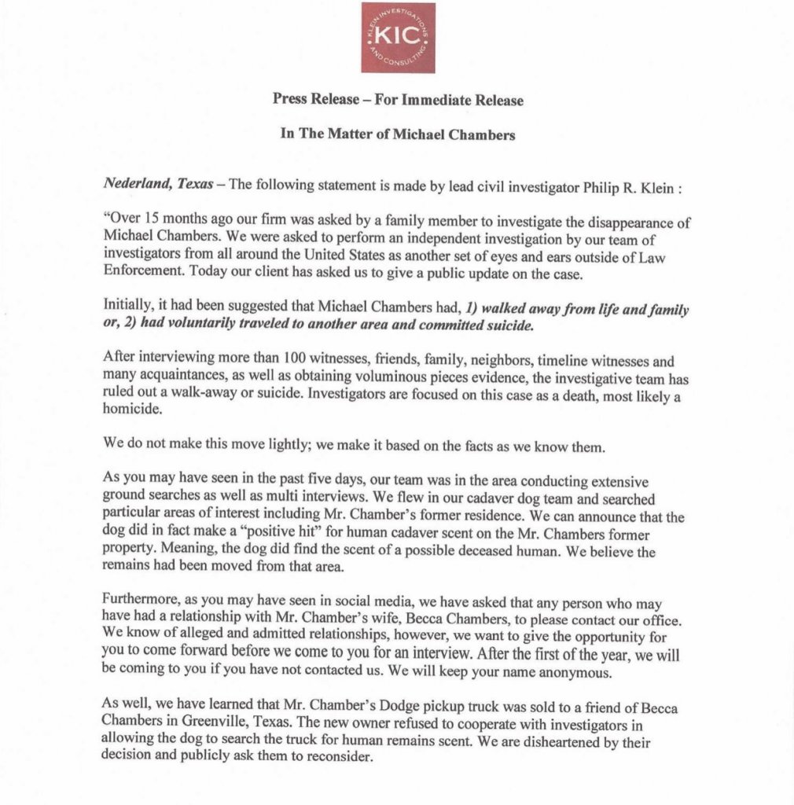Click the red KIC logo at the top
pos(397,38)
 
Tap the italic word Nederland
pos(134,184)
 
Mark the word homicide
pos(130,410)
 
